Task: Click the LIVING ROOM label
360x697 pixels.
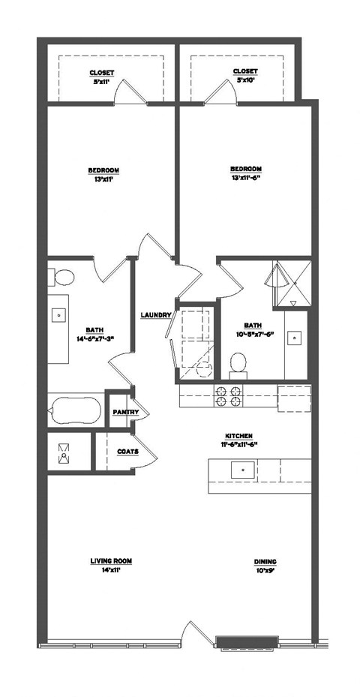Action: (106, 560)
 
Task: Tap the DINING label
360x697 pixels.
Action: (265, 560)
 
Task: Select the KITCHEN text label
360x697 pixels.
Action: (238, 435)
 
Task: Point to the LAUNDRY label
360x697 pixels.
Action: (156, 315)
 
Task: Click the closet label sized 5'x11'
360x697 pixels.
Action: (101, 72)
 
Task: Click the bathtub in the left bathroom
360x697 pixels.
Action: (74, 411)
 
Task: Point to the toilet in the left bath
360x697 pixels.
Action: (63, 278)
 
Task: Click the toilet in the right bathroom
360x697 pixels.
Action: (238, 364)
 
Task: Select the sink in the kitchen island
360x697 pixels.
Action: (241, 470)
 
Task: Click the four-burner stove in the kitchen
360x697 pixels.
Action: (228, 396)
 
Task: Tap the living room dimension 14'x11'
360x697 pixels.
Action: (106, 570)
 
